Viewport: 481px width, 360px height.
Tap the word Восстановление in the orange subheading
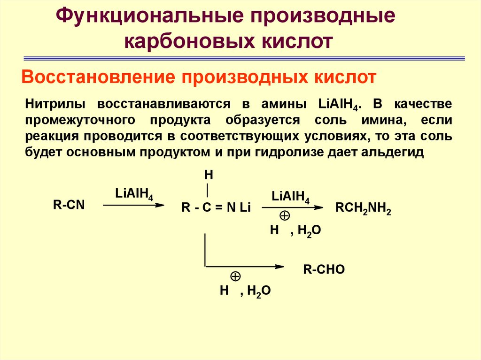[95, 77]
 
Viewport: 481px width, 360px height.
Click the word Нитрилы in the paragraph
[56, 104]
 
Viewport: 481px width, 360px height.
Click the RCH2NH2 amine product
[363, 209]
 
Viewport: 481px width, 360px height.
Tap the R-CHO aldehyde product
[324, 269]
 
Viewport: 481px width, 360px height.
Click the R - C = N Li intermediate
[217, 209]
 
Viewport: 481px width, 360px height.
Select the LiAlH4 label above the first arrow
[134, 194]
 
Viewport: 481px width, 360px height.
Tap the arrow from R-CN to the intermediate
[134, 205]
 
